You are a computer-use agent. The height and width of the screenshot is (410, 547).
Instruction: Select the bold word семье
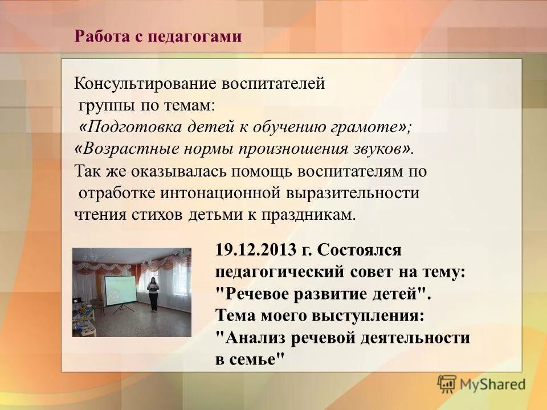pyautogui.click(x=255, y=360)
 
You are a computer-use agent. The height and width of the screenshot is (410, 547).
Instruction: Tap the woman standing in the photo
pyautogui.click(x=153, y=293)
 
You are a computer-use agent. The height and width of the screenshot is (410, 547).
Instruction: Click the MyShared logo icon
pyautogui.click(x=447, y=384)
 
